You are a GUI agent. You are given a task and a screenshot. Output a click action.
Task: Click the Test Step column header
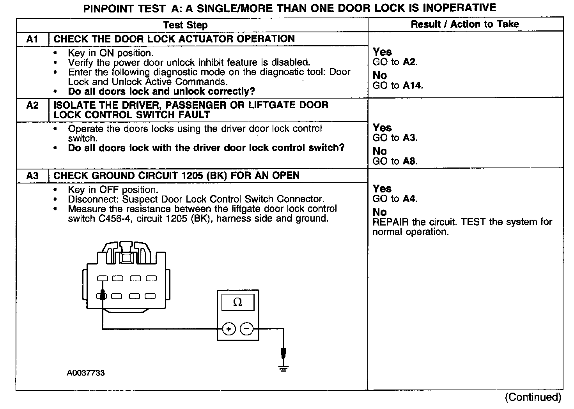pos(185,25)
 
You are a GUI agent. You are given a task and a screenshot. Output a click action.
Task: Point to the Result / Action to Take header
pos(465,24)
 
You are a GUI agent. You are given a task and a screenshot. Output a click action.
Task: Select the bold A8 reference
pos(410,161)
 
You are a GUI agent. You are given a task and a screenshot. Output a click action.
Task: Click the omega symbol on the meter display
pos(237,302)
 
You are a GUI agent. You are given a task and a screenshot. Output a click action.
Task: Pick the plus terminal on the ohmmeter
pos(229,329)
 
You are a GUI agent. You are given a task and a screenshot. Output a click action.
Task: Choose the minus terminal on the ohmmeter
pos(246,329)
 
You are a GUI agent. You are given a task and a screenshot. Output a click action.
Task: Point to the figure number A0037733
pos(85,373)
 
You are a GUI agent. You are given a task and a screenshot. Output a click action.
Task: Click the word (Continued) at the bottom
pos(533,397)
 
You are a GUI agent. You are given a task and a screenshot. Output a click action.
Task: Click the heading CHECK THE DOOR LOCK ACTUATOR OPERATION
pos(174,39)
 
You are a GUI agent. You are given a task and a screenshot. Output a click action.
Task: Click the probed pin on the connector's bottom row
pos(102,296)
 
